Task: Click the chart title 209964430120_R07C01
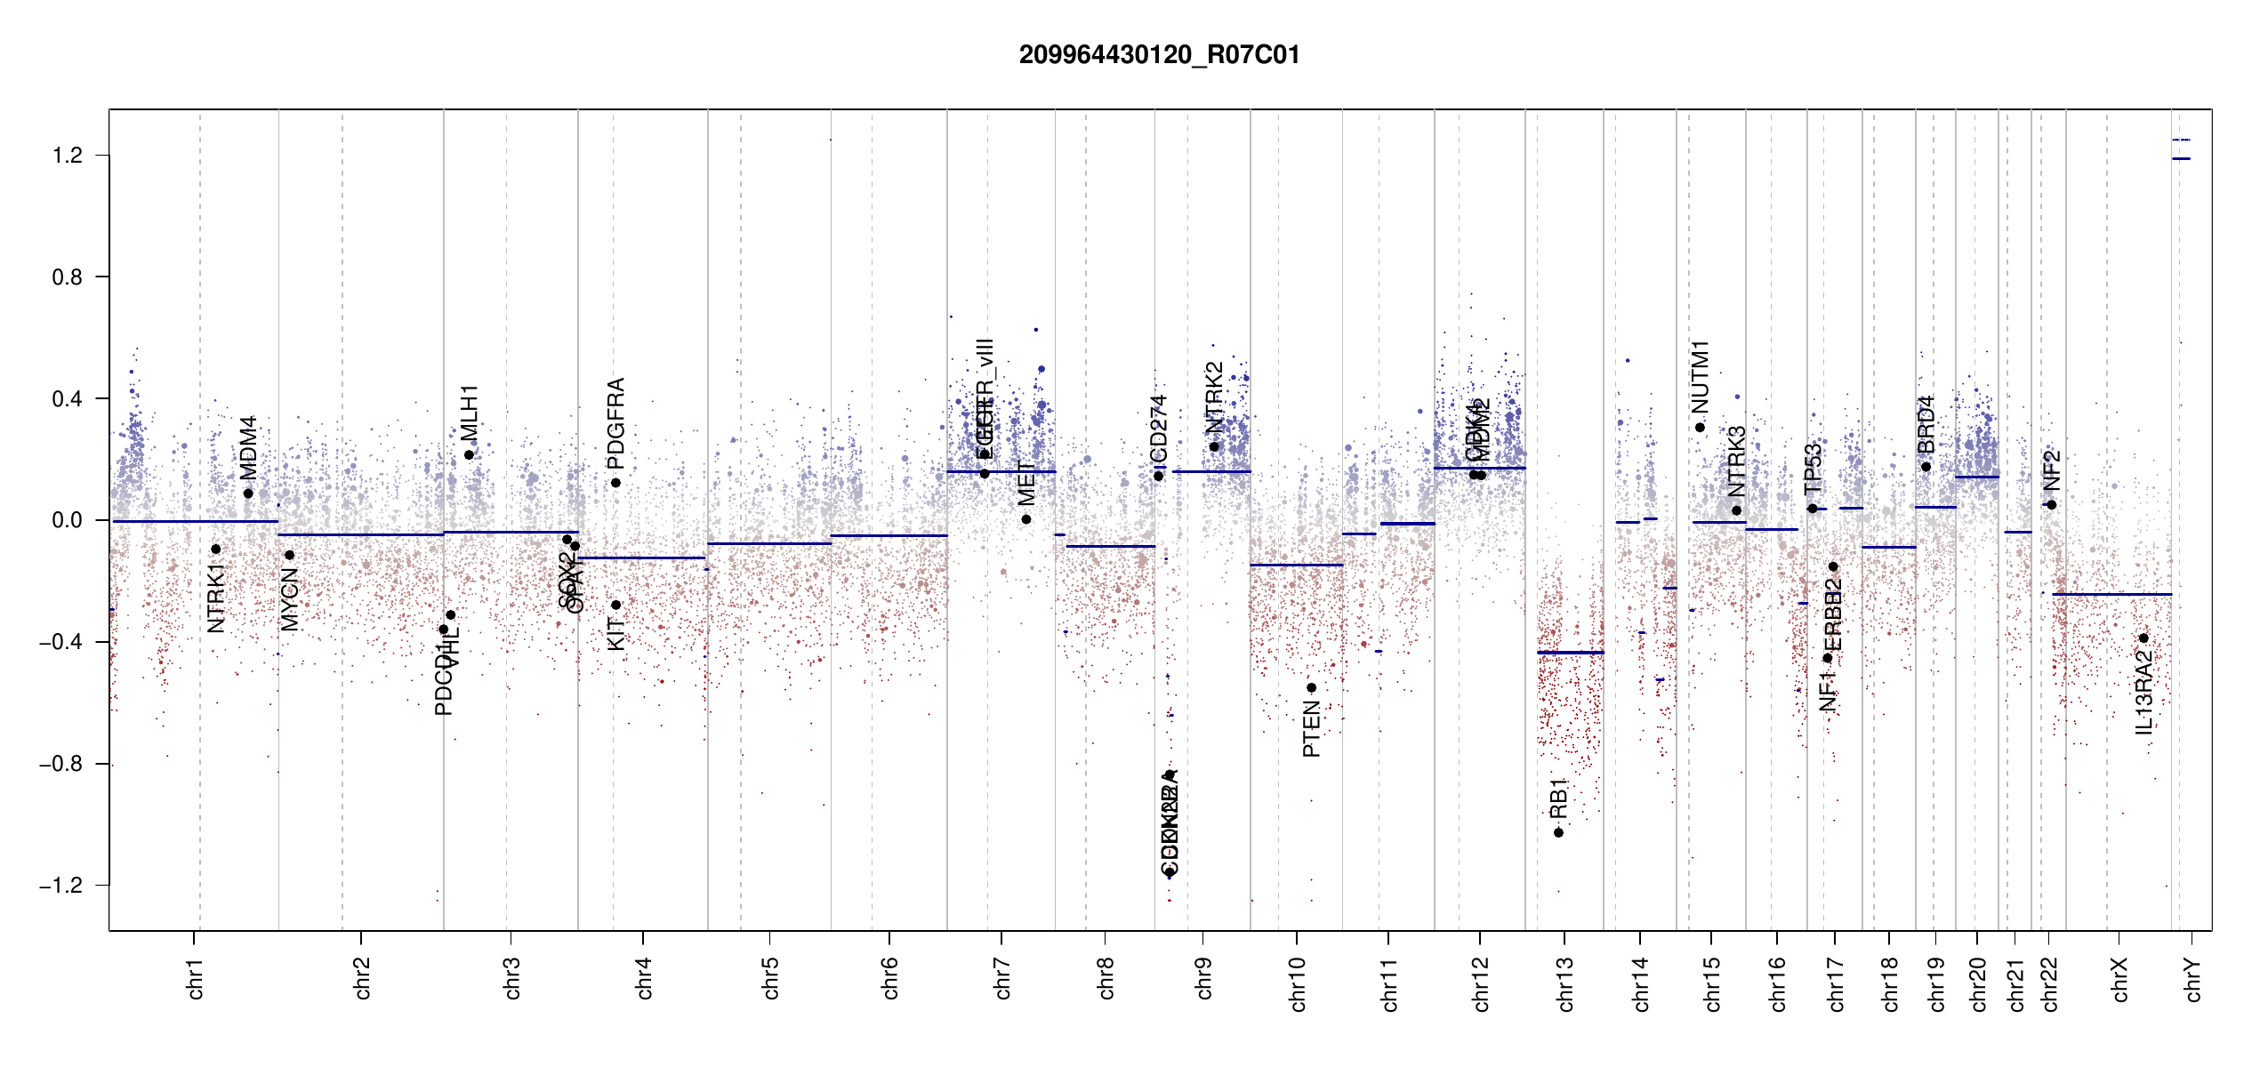tap(1159, 55)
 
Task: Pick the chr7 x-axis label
tap(1002, 978)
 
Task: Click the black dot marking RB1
tap(1558, 832)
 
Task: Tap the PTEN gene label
tap(1311, 729)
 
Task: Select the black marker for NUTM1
tap(1700, 428)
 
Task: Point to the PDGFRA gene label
tap(615, 423)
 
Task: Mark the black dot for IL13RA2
tap(2143, 638)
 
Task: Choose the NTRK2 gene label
tap(1214, 397)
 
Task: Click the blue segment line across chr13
tap(1571, 653)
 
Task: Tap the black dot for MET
tap(1026, 519)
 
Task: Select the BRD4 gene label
tap(1926, 424)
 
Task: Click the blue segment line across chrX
tap(2117, 594)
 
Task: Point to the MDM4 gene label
tap(248, 447)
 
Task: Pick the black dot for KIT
tap(615, 605)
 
